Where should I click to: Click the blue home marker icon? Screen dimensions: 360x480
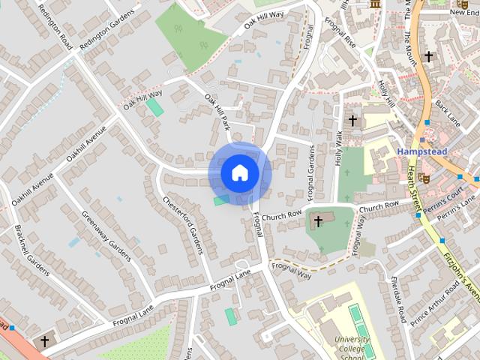pos(240,173)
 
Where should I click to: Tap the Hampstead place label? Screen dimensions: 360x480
pos(421,151)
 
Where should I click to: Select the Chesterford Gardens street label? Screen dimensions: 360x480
pos(183,224)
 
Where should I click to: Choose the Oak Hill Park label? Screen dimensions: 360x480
pos(217,112)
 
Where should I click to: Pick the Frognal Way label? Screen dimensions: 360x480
pos(292,270)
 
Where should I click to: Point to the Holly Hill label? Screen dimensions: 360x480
pos(385,93)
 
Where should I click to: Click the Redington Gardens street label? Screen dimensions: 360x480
pos(106,34)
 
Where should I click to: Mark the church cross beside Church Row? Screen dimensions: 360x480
pos(319,221)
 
